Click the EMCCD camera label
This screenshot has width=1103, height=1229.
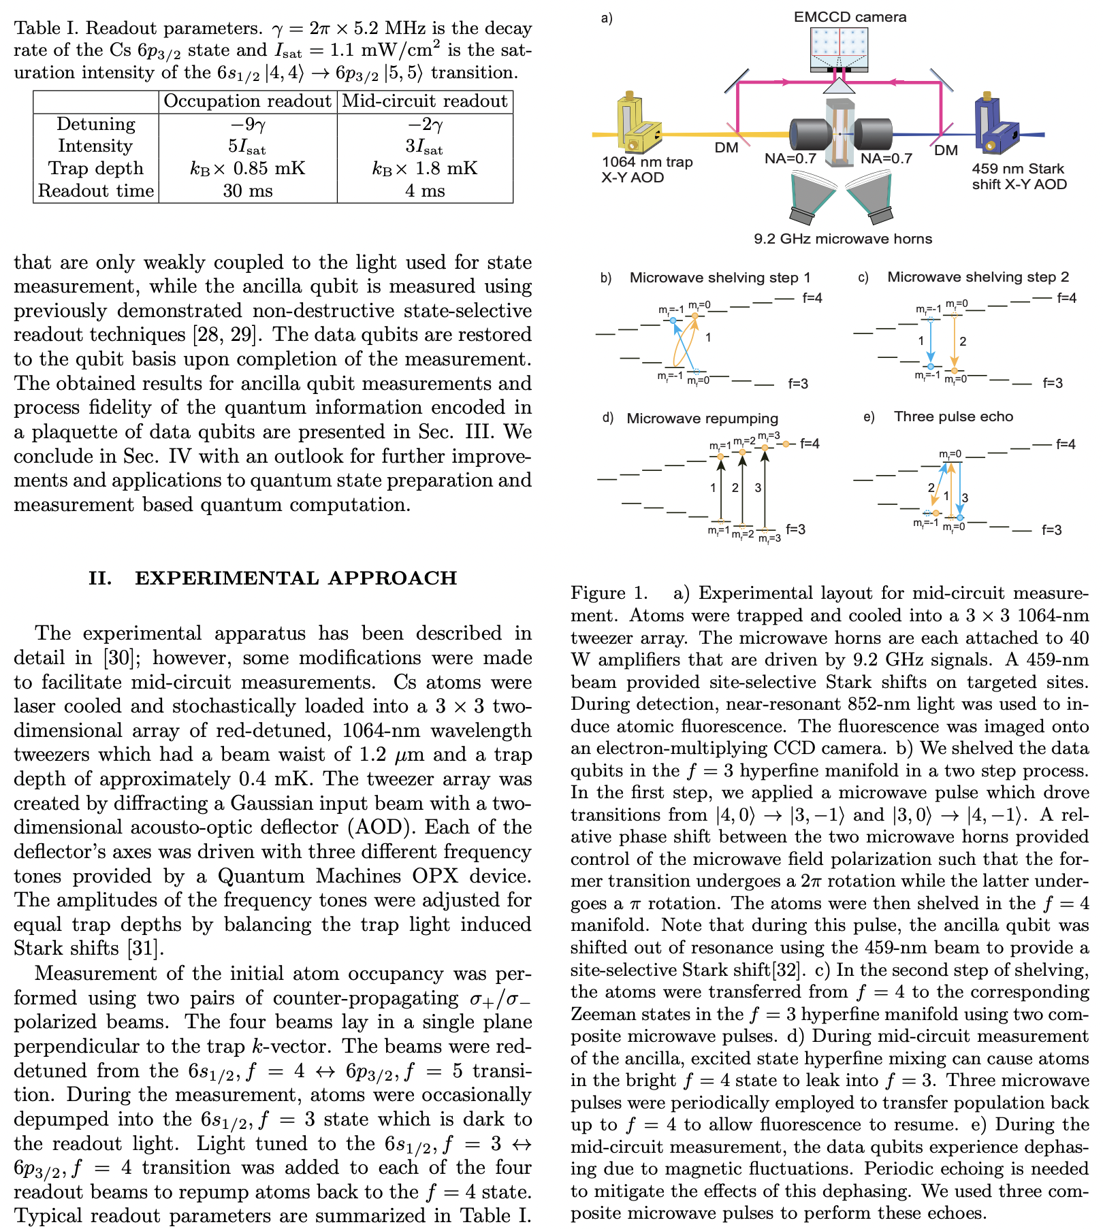click(x=849, y=16)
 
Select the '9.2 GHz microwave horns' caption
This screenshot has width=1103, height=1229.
click(x=842, y=239)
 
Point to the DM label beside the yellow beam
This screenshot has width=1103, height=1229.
click(x=726, y=148)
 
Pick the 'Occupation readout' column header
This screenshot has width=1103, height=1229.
click(x=247, y=101)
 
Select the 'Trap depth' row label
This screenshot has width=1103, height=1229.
click(x=96, y=168)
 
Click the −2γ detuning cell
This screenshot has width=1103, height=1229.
click(x=425, y=124)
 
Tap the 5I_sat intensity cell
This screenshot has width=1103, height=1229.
click(x=247, y=146)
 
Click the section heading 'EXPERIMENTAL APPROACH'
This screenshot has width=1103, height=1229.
click(x=295, y=578)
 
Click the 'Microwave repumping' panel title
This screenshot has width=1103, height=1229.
click(x=702, y=419)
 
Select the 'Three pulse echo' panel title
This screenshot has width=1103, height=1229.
click(x=953, y=416)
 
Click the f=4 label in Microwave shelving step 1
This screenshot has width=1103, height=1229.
click(x=812, y=297)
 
